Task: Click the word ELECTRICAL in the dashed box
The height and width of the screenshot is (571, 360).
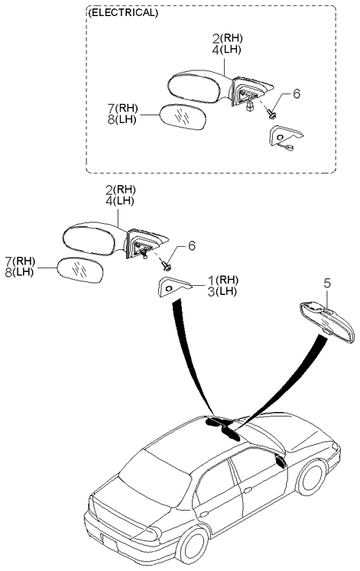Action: (x=123, y=13)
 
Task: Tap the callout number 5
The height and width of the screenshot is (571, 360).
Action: (x=327, y=284)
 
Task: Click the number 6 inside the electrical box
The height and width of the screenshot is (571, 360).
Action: (x=297, y=93)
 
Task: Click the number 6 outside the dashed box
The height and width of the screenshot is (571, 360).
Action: (x=192, y=245)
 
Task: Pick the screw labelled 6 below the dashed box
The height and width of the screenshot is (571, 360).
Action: (x=167, y=267)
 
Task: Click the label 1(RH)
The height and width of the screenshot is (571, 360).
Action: (x=223, y=280)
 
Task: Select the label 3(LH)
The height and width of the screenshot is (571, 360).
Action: (x=222, y=291)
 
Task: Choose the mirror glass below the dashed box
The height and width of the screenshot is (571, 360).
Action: (x=80, y=270)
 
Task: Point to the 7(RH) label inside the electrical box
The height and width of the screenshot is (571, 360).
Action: (x=122, y=108)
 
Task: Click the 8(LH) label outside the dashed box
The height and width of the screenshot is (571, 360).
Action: (x=19, y=272)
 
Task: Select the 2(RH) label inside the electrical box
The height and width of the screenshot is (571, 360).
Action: (x=228, y=38)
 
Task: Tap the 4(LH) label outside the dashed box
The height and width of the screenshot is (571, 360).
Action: (x=120, y=201)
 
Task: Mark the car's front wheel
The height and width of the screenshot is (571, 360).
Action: (x=312, y=478)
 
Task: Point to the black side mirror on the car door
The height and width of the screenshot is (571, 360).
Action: (x=281, y=462)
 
